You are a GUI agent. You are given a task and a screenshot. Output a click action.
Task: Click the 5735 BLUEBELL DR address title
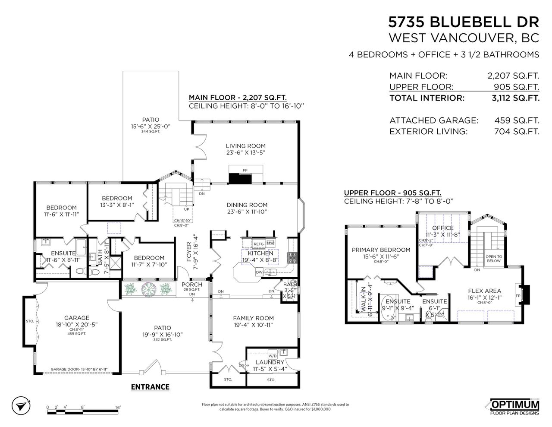(x=464, y=22)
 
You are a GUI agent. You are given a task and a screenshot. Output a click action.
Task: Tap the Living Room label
(x=245, y=146)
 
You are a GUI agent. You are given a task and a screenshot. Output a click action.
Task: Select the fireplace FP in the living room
(x=245, y=171)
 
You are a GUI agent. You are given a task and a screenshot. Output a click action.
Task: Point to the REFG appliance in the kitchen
(x=258, y=244)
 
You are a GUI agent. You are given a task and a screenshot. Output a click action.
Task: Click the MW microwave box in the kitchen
(x=270, y=243)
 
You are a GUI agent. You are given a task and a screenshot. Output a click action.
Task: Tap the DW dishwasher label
(x=259, y=272)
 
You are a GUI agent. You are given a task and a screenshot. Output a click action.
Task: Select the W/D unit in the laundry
(x=273, y=352)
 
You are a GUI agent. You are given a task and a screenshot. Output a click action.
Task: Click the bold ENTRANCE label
(x=150, y=387)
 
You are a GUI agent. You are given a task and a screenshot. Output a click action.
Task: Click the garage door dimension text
(x=79, y=369)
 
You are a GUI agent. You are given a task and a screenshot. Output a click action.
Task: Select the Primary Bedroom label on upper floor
(x=381, y=250)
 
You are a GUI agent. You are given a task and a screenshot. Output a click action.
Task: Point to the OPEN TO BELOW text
(x=493, y=258)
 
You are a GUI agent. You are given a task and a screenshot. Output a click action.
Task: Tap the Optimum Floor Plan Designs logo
(x=514, y=407)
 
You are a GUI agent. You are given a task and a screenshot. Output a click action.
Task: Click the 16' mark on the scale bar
(x=118, y=407)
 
